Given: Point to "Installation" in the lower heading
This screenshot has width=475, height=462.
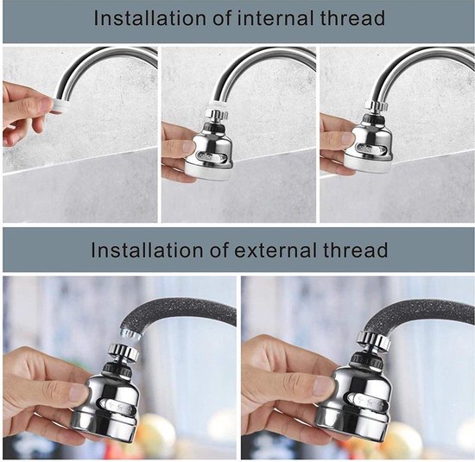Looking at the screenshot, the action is click(x=147, y=250).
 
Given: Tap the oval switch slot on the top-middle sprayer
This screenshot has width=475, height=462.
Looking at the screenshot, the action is click(x=211, y=158).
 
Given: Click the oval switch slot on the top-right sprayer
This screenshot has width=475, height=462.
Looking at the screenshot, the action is click(x=370, y=149).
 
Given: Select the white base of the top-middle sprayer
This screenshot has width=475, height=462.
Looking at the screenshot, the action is click(x=209, y=173).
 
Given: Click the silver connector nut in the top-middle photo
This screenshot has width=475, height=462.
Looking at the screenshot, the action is click(x=216, y=115).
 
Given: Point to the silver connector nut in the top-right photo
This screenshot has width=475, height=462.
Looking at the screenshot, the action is click(x=376, y=105).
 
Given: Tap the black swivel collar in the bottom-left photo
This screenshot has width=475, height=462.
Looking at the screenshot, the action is click(x=117, y=370).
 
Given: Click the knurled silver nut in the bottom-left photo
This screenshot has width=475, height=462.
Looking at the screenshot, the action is click(x=123, y=352).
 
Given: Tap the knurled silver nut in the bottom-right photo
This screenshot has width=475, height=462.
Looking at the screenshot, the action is click(x=373, y=340).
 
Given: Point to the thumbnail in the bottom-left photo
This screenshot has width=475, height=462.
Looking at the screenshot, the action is click(x=79, y=393).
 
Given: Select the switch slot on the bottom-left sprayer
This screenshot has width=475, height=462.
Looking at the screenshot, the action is click(x=117, y=408).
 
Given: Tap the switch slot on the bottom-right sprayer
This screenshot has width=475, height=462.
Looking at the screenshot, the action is click(x=366, y=402).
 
